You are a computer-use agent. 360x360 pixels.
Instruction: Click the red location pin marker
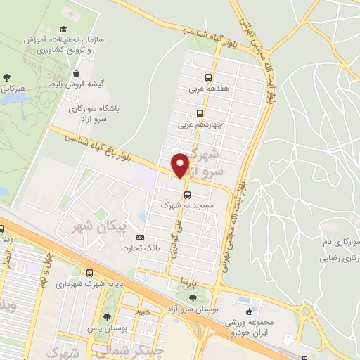(x=181, y=165)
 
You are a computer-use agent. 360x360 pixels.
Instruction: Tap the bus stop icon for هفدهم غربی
(x=208, y=77)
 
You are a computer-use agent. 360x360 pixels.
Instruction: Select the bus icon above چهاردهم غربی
(x=200, y=112)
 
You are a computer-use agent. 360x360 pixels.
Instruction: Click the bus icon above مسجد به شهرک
(x=187, y=195)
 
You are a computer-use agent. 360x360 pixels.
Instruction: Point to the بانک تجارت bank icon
(x=139, y=238)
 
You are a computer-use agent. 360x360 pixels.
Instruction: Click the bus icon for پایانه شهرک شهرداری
(x=89, y=273)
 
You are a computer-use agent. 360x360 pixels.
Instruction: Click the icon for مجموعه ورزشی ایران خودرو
(x=249, y=311)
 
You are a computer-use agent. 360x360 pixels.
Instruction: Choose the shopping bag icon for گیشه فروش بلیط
(x=76, y=72)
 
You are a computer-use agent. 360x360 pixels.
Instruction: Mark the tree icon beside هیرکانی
(x=7, y=77)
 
